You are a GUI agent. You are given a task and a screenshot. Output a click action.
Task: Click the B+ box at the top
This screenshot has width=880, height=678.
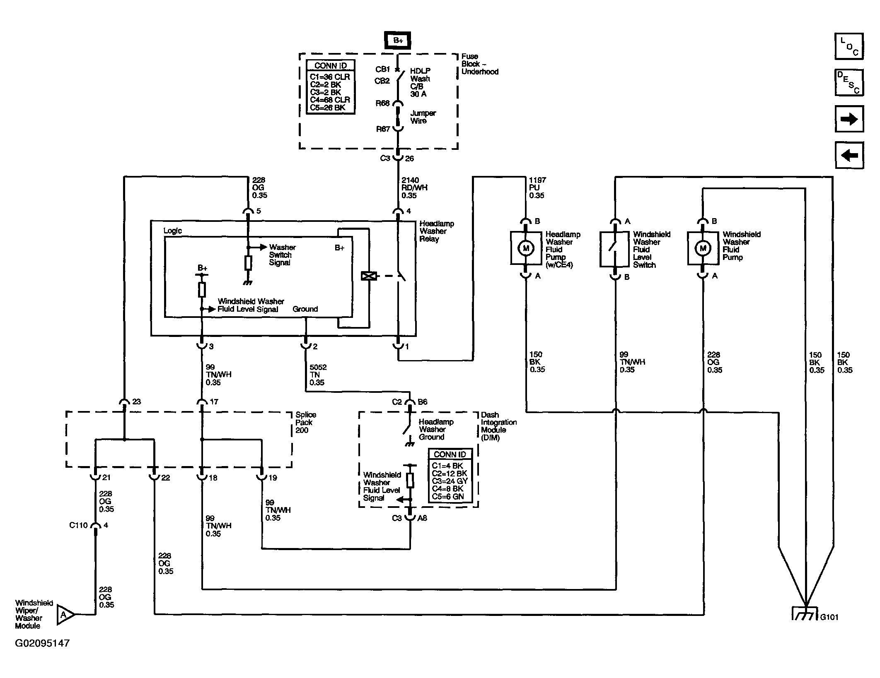pos(398,41)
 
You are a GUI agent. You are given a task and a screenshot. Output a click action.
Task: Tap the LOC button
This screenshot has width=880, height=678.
pos(849,46)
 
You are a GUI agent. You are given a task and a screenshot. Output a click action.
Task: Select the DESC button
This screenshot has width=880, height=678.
pos(849,82)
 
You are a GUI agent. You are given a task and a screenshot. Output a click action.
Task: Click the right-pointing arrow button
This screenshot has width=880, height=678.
pos(849,119)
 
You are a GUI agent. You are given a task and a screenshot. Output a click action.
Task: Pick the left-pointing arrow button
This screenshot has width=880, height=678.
pos(849,155)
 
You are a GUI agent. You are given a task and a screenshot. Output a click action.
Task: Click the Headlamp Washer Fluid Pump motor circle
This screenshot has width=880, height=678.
pos(526,248)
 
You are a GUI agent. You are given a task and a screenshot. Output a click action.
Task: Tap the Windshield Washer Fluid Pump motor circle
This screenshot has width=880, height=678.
pos(703,248)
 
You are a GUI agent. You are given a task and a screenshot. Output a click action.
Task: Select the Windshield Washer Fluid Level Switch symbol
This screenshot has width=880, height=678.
pos(615,248)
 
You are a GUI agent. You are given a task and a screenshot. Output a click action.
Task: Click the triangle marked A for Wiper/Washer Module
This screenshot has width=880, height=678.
pos(65,614)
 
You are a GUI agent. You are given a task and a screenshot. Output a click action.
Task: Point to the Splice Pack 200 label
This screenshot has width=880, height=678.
pos(306,422)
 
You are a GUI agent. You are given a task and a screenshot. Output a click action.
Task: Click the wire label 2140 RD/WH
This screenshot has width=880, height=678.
pos(414,188)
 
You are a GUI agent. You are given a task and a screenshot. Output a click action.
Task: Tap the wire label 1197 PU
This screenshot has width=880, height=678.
pos(537,188)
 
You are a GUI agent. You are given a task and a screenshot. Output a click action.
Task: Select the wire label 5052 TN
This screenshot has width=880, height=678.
pos(318,375)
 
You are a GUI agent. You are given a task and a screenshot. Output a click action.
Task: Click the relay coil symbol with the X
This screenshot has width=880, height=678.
pos(368,276)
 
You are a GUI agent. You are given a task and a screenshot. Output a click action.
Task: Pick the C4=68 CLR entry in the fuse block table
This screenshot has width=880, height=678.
pos(330,100)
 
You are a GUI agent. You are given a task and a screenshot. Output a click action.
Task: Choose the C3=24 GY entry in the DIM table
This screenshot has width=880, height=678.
pos(450,481)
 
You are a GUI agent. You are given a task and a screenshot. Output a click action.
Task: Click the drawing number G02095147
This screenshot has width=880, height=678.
pos(42,643)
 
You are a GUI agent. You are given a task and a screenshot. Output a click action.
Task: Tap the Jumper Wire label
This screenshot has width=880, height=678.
pos(423,117)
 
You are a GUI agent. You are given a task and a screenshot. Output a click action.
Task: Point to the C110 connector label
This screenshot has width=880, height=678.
pos(78,525)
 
